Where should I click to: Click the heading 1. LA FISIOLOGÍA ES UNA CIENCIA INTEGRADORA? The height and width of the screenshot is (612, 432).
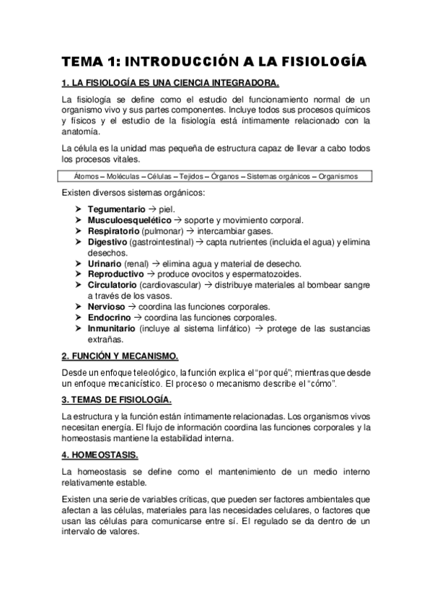(170, 83)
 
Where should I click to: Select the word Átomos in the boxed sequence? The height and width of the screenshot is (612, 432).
(87, 176)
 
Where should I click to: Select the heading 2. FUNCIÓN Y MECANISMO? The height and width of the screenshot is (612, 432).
(119, 357)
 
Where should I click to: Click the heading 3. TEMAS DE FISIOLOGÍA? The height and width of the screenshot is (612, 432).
(116, 400)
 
